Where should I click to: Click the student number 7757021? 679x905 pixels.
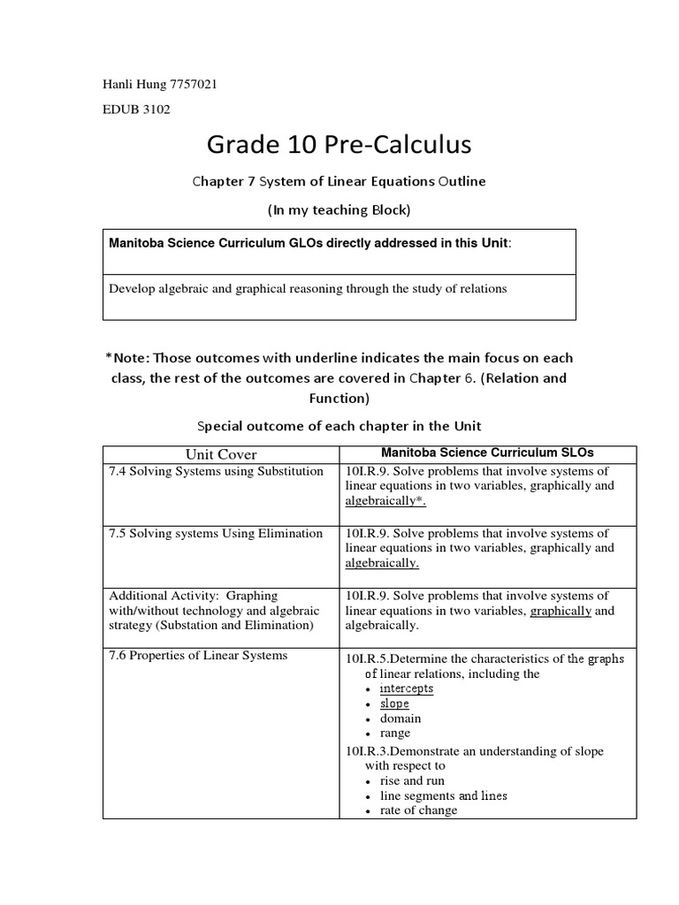click(192, 85)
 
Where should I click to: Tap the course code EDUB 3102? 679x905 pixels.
click(137, 110)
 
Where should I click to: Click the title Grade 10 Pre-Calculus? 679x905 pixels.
click(339, 143)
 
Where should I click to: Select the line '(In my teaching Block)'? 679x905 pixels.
click(339, 211)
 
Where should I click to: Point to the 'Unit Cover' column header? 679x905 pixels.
click(221, 454)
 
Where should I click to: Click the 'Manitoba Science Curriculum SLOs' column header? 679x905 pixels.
click(487, 453)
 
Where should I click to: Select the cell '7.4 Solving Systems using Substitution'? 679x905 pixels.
click(216, 471)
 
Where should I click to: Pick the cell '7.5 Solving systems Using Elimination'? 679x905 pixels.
click(216, 533)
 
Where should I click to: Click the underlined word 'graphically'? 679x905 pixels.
click(561, 611)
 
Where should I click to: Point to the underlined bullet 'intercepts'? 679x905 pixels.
click(407, 688)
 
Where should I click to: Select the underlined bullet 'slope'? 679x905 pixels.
click(394, 703)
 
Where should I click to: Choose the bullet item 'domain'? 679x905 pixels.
click(400, 719)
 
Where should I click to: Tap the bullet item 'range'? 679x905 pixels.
click(395, 734)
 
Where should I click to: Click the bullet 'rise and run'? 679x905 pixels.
click(412, 781)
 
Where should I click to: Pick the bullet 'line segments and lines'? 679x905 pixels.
click(443, 795)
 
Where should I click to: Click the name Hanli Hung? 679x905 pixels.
click(134, 85)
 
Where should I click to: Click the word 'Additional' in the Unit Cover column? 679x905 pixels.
click(136, 596)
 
